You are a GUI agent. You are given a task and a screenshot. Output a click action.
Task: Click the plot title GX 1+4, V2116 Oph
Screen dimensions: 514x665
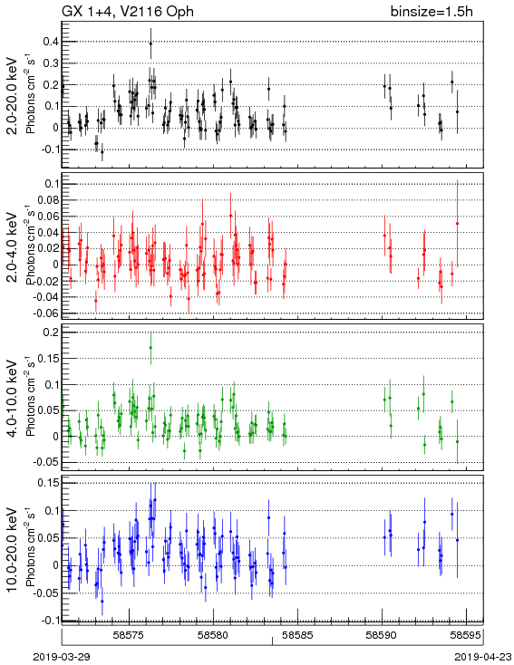(128, 12)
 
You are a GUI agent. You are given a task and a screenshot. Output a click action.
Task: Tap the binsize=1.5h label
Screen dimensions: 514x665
(432, 12)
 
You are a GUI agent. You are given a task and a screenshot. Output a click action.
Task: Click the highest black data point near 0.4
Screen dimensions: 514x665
(150, 43)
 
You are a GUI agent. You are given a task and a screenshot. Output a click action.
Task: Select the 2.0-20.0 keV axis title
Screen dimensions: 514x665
(13, 96)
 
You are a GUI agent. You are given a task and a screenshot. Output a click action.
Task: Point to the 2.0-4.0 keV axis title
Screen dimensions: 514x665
(13, 246)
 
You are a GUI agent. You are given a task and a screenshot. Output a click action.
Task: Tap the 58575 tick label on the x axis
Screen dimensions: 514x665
(130, 635)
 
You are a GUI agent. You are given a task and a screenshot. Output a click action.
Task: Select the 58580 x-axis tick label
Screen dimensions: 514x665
(214, 635)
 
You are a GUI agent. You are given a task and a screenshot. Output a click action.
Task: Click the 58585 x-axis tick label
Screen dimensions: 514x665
(298, 635)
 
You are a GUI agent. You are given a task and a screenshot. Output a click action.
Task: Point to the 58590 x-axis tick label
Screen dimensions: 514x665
(382, 635)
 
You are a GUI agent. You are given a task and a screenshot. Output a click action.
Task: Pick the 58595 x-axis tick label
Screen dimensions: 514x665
(466, 635)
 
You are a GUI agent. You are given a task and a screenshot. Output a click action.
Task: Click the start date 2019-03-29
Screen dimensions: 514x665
(62, 657)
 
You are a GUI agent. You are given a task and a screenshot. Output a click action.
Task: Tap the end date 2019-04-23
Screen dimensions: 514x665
(483, 657)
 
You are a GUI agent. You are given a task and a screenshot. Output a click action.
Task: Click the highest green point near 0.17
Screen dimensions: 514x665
(150, 348)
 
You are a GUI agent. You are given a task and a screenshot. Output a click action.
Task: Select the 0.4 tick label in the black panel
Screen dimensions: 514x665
(51, 42)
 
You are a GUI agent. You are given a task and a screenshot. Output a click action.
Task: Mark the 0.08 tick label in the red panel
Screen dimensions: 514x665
(48, 199)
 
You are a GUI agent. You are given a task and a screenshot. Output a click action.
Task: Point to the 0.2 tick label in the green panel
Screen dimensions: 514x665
(51, 332)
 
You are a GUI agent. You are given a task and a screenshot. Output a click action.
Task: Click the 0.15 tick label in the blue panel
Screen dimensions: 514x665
(48, 483)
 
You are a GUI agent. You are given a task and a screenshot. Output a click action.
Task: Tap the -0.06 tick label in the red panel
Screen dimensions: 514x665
(46, 313)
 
